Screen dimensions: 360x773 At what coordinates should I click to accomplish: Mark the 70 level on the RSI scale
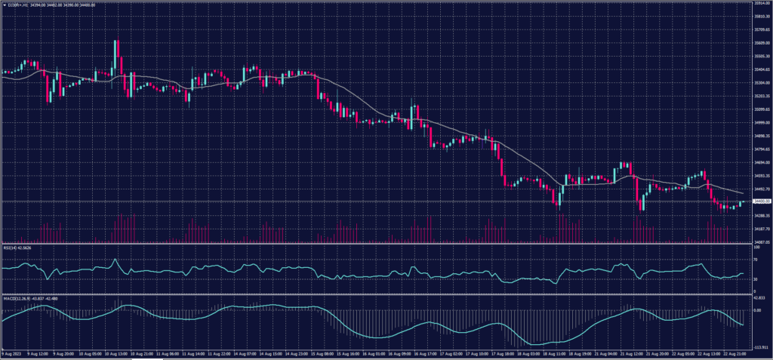[x=756, y=257]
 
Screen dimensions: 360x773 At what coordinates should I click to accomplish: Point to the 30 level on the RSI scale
[x=756, y=279]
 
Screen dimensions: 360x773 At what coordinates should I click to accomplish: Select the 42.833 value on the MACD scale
[x=760, y=297]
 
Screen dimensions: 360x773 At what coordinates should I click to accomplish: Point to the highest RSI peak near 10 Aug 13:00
[x=115, y=260]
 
